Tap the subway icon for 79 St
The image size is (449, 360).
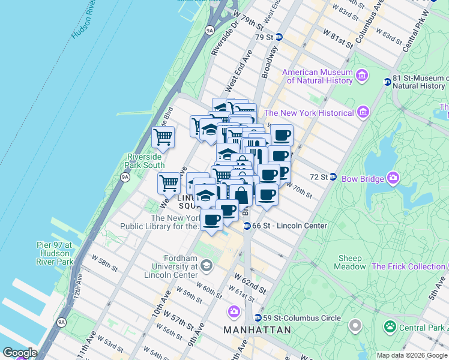pyautogui.click(x=279, y=37)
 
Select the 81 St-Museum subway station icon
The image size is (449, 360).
pyautogui.click(x=387, y=82)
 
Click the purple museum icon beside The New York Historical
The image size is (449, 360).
pyautogui.click(x=362, y=112)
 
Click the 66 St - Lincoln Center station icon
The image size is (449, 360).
pyautogui.click(x=247, y=226)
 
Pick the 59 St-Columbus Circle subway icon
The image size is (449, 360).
pyautogui.click(x=258, y=318)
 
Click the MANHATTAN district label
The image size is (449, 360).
pyautogui.click(x=257, y=330)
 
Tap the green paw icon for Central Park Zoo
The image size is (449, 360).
pyautogui.click(x=390, y=327)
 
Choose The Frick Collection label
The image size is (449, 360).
pyautogui.click(x=408, y=266)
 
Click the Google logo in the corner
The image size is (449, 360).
pyautogui.click(x=19, y=353)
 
